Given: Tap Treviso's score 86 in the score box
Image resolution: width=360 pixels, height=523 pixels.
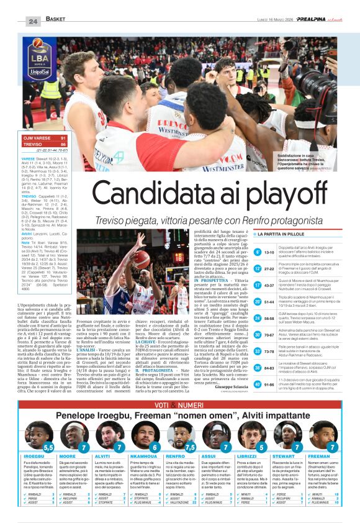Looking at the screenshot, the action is coord(62,143).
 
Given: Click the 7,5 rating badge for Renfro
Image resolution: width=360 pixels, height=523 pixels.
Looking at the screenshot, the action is coord(190,446).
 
